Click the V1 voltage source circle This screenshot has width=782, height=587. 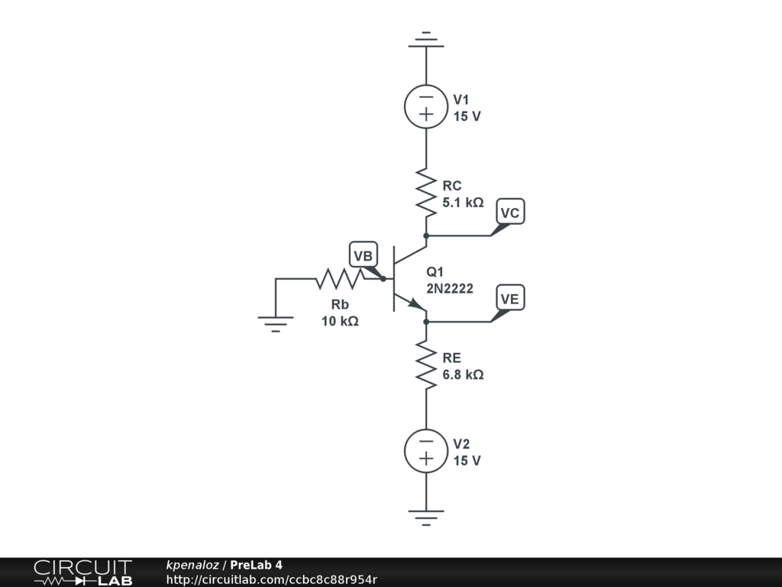pyautogui.click(x=425, y=106)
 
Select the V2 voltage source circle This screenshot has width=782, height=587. pyautogui.click(x=425, y=450)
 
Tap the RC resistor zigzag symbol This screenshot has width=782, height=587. pyautogui.click(x=425, y=191)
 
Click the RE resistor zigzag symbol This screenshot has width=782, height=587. pyautogui.click(x=425, y=365)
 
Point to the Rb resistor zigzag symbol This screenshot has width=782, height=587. pyautogui.click(x=340, y=279)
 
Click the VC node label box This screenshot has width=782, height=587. pyautogui.click(x=510, y=212)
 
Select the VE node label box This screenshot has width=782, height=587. pyautogui.click(x=510, y=298)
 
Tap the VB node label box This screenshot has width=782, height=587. pyautogui.click(x=363, y=255)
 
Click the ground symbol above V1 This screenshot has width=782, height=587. pyautogui.click(x=425, y=40)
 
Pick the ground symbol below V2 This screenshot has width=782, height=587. pyautogui.click(x=425, y=517)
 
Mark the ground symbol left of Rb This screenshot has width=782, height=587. pyautogui.click(x=276, y=324)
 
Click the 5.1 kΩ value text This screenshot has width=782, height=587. pyautogui.click(x=463, y=203)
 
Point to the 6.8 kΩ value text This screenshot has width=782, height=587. pyautogui.click(x=463, y=375)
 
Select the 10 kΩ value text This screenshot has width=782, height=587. pyautogui.click(x=340, y=321)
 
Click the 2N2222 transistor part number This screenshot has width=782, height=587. pyautogui.click(x=450, y=288)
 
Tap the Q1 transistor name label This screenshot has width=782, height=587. pyautogui.click(x=435, y=271)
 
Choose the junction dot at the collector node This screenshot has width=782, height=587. pyautogui.click(x=425, y=235)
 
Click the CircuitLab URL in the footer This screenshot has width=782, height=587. pyautogui.click(x=272, y=579)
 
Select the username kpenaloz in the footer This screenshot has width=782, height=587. pyautogui.click(x=192, y=565)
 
